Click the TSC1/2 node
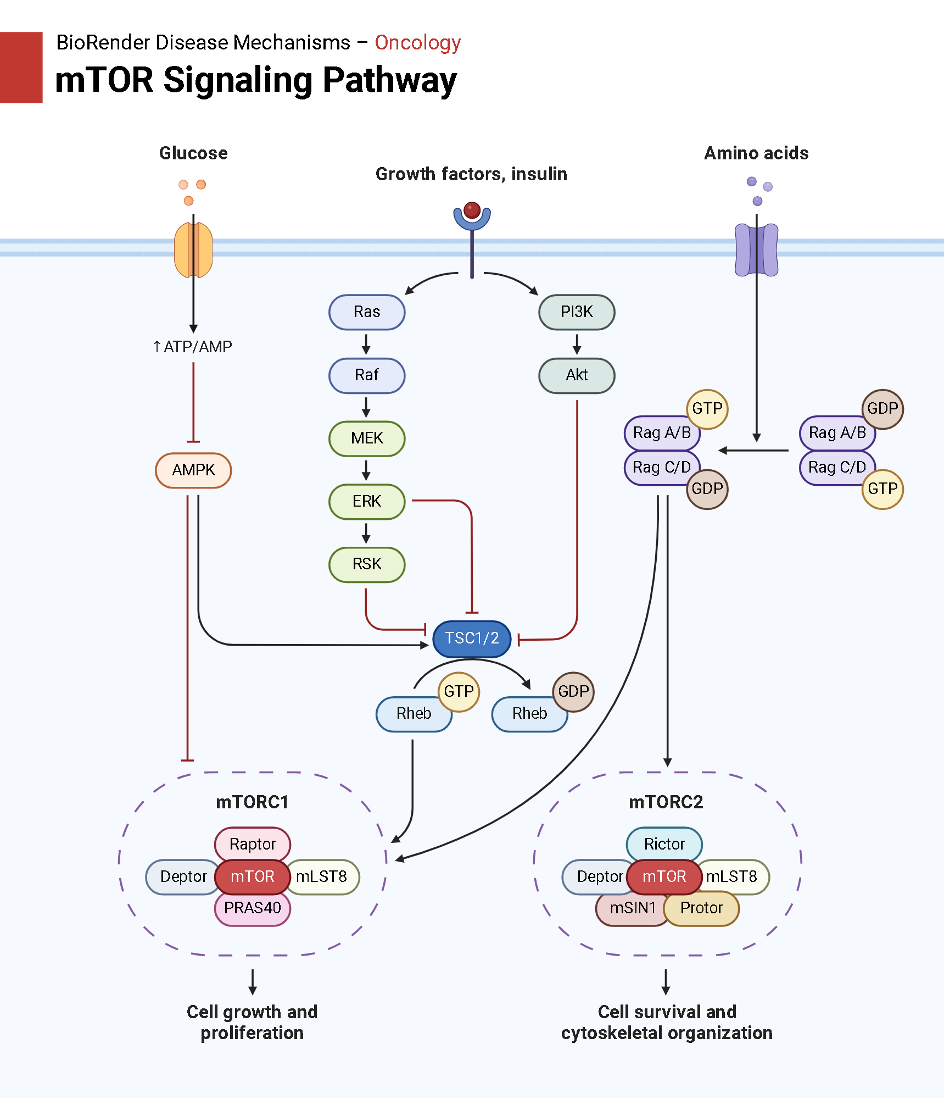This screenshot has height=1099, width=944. pyautogui.click(x=472, y=639)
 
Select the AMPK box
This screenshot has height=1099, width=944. pyautogui.click(x=193, y=470)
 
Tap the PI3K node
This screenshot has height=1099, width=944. pyautogui.click(x=577, y=312)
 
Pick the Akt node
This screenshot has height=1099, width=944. pyautogui.click(x=577, y=375)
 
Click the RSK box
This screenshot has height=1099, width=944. pyautogui.click(x=367, y=564)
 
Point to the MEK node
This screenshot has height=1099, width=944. pyautogui.click(x=367, y=439)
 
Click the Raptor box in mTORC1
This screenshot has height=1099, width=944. pyautogui.click(x=252, y=843)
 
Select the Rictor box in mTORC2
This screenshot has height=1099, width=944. pyautogui.click(x=664, y=843)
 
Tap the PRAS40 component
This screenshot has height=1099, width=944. pyautogui.click(x=252, y=908)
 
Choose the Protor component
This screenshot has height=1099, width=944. pyautogui.click(x=701, y=908)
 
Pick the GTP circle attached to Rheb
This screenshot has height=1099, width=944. pyautogui.click(x=459, y=691)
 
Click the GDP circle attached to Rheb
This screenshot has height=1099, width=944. pyautogui.click(x=573, y=691)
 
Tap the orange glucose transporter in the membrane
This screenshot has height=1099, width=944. pyautogui.click(x=193, y=250)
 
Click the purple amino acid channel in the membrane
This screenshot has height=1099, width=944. pyautogui.click(x=756, y=250)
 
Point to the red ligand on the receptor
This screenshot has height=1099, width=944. pyautogui.click(x=472, y=210)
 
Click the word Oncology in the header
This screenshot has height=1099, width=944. pyautogui.click(x=417, y=42)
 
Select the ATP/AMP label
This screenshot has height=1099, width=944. pyautogui.click(x=193, y=347)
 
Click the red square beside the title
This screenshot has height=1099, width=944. pyautogui.click(x=21, y=67)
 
